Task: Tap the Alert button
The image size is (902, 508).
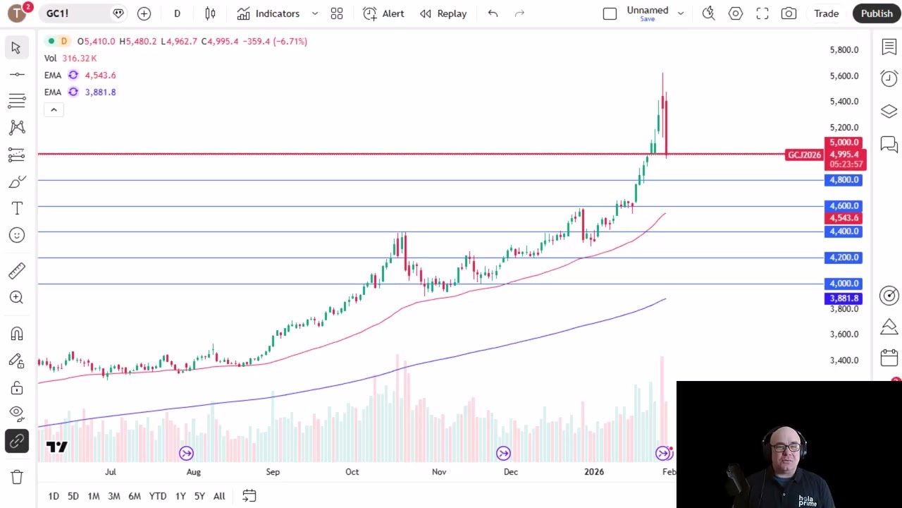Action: point(384,13)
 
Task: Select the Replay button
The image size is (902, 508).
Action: point(443,13)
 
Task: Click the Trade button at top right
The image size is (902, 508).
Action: point(826,13)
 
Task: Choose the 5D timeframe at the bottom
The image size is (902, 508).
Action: point(73,496)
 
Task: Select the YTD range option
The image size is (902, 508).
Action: point(158,496)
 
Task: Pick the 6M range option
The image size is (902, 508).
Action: point(134,496)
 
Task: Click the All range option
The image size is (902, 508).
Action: point(219,496)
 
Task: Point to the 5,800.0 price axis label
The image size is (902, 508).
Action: point(844,50)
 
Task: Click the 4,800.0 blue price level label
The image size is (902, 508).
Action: point(844,180)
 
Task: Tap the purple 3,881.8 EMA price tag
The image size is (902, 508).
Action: point(844,298)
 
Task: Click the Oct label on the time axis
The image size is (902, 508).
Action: point(352,472)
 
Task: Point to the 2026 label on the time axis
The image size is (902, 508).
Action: point(594,472)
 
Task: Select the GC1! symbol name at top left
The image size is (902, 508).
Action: point(58,13)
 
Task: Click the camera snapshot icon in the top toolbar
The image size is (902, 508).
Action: point(789,13)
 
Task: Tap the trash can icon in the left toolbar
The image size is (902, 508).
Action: point(17,477)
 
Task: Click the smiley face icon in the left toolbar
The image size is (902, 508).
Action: point(17,235)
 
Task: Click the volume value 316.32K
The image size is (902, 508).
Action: point(80,59)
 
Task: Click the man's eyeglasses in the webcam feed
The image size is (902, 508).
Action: point(786,447)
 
